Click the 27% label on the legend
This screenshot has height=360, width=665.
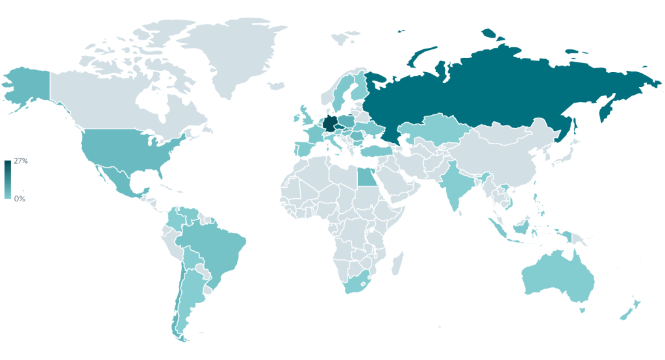coord(21,161)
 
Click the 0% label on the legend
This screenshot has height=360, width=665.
coord(19,199)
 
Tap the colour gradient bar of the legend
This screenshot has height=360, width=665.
coord(7,179)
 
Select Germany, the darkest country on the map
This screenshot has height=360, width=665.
coord(330,123)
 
